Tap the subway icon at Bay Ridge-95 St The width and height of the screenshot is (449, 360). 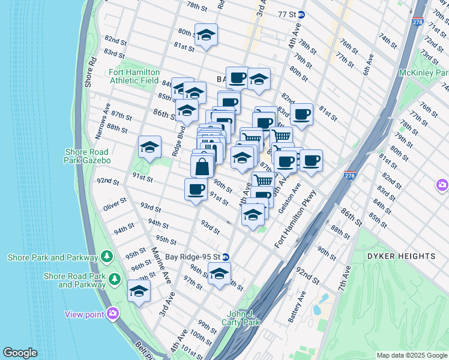226,257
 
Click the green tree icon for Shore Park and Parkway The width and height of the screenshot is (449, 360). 107,257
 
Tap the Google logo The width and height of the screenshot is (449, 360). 20,353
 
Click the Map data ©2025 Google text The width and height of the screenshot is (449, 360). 412,355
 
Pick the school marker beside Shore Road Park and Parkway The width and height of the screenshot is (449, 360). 139,290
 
